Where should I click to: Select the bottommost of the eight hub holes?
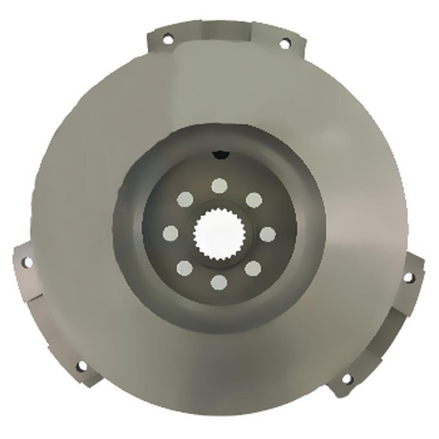(x=219, y=282)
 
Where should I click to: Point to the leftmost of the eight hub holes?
(x=170, y=233)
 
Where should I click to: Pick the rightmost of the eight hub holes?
(x=267, y=234)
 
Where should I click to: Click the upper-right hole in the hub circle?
(x=254, y=200)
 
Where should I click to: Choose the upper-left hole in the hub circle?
(x=185, y=200)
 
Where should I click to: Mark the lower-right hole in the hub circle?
(x=253, y=268)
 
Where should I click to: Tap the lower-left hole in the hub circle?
(x=184, y=267)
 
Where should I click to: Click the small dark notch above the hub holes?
(x=220, y=154)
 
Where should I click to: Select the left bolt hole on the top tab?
(x=167, y=40)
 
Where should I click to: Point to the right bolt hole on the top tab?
(x=284, y=43)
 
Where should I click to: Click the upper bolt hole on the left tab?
(x=27, y=262)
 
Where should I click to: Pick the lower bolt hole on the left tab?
(x=81, y=366)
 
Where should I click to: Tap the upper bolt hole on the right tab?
(x=408, y=277)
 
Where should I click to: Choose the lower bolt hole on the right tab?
(x=346, y=378)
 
